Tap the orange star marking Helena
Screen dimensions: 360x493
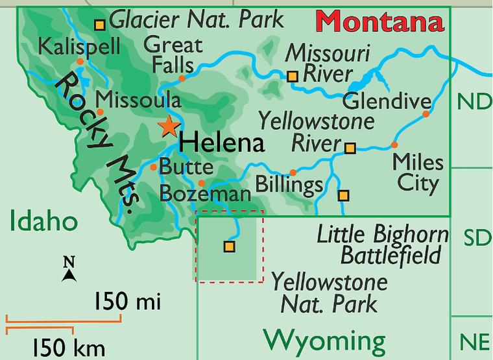168,126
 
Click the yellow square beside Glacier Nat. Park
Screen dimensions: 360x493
100,25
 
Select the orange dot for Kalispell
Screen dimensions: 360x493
80,62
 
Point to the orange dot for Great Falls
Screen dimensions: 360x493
182,78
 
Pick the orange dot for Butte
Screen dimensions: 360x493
153,167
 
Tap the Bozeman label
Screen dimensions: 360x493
205,194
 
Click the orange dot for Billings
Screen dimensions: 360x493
293,173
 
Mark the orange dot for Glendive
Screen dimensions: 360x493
426,114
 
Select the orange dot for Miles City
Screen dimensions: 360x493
394,145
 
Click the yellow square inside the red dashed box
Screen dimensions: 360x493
228,246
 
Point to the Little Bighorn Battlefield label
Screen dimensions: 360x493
382,245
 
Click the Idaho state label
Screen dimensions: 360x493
43,221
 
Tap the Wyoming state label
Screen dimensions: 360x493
324,339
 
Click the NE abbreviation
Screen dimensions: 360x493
474,341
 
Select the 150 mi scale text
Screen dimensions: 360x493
127,301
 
